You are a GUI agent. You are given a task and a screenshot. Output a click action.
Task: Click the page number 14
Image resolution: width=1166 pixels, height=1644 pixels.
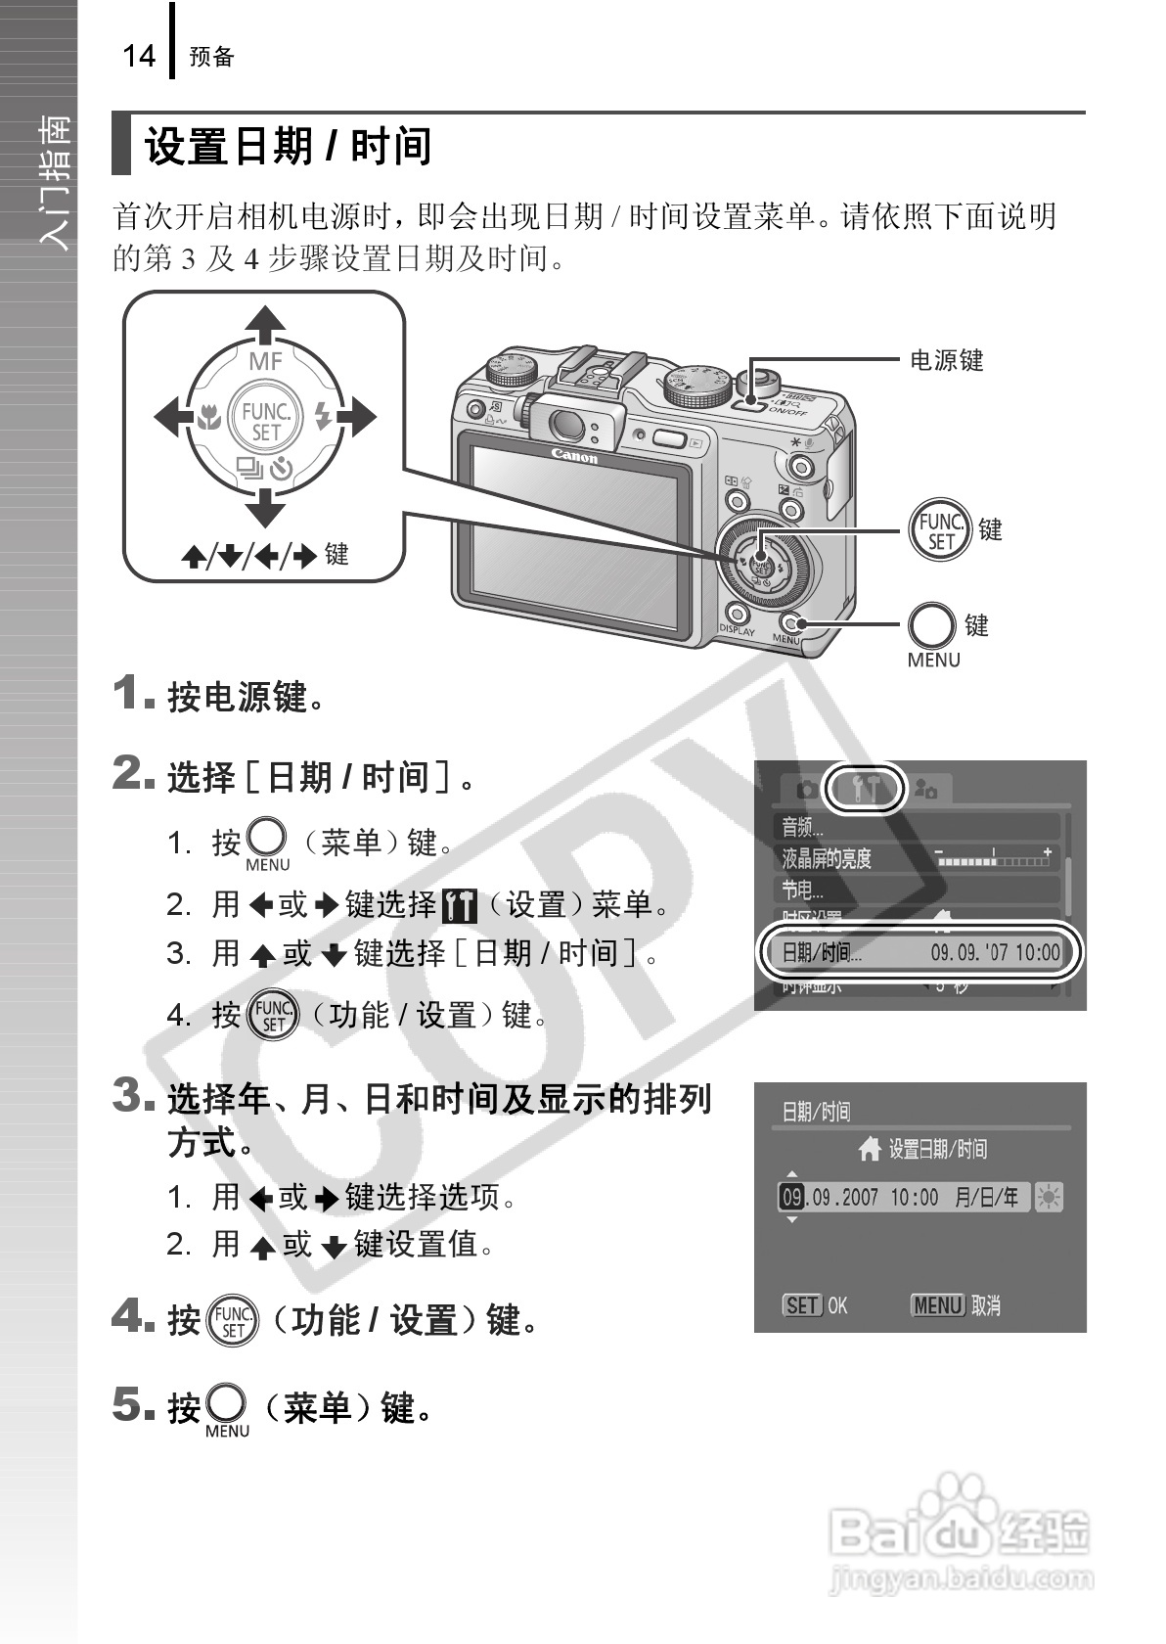[x=139, y=56]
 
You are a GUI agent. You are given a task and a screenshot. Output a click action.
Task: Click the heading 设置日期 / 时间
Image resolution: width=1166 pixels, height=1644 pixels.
[x=289, y=147]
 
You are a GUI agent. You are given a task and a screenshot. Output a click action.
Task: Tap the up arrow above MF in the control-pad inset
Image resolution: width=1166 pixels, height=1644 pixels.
[x=264, y=325]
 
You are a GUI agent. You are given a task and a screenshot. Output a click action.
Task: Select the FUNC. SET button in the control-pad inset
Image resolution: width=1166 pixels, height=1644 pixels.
[x=265, y=420]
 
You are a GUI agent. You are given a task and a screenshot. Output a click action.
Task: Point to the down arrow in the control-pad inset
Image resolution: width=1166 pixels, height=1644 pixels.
[x=264, y=508]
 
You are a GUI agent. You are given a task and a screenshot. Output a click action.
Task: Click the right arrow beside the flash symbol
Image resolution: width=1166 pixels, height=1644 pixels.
[x=358, y=418]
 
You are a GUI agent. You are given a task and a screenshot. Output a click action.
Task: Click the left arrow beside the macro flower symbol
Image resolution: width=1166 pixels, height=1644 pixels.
[x=171, y=418]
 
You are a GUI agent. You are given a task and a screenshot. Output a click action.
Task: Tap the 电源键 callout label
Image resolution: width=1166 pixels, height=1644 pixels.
[x=946, y=360]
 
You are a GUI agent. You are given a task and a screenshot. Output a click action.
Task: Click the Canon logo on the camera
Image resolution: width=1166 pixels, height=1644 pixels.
[x=574, y=456]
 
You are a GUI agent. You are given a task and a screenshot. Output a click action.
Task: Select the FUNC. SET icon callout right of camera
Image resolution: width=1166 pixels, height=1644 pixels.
[x=939, y=530]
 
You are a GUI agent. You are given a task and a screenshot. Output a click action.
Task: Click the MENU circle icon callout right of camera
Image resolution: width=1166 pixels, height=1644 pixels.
[x=931, y=626]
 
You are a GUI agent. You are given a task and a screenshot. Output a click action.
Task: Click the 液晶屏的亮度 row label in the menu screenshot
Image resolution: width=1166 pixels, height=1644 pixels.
[x=827, y=858]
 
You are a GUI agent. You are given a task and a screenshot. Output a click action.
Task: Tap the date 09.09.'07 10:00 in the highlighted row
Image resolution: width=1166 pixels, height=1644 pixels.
[x=995, y=952]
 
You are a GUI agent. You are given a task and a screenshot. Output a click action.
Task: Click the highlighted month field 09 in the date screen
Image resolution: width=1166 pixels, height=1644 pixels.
[x=791, y=1197]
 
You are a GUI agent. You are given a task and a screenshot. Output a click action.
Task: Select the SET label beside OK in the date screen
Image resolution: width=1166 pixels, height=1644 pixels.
[x=802, y=1305]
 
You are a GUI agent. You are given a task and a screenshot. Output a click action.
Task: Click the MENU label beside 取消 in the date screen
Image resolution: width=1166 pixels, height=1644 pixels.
[x=938, y=1305]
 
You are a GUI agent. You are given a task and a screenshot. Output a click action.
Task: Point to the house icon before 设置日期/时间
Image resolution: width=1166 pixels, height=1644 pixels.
[x=870, y=1149]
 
